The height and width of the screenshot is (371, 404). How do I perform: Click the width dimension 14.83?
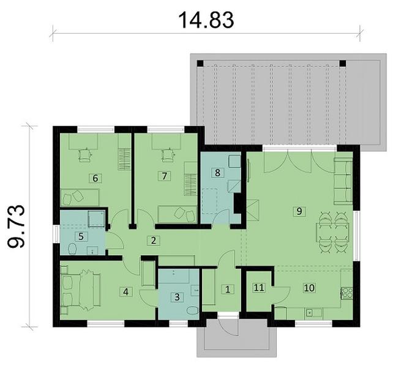coord(206,20)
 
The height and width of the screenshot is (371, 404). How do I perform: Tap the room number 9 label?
coord(299,211)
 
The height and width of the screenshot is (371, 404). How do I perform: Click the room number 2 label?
coord(155,241)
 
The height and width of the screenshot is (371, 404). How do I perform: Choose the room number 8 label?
coord(217,173)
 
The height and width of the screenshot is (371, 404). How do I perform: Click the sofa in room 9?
coord(342,181)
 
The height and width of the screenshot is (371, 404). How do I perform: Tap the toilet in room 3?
coord(192,311)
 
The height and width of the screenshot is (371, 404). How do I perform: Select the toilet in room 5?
coord(72,248)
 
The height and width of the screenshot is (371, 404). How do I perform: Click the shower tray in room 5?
coord(95,219)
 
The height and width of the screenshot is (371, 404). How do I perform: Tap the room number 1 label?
coord(226,288)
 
